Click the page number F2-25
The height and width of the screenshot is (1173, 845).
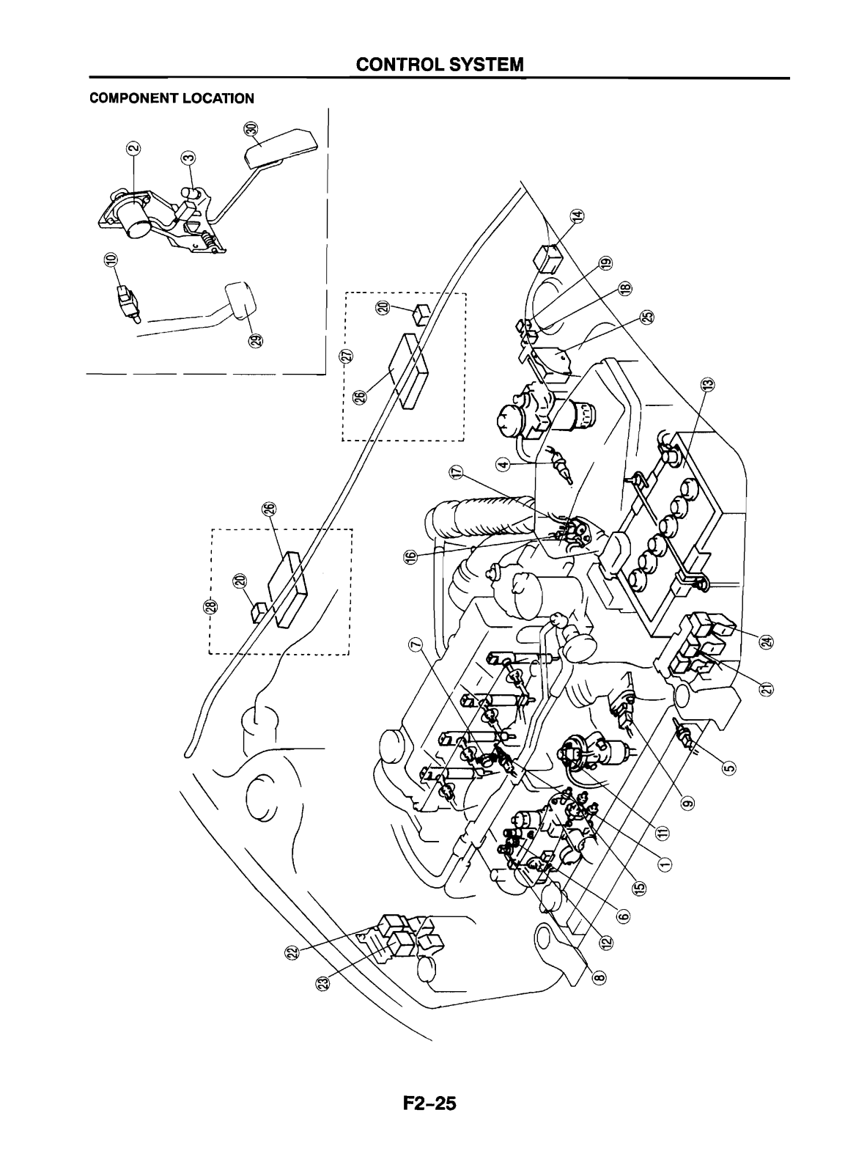click(x=422, y=1104)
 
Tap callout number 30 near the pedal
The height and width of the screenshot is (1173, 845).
click(x=251, y=130)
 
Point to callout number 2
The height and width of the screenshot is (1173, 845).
click(x=133, y=150)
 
